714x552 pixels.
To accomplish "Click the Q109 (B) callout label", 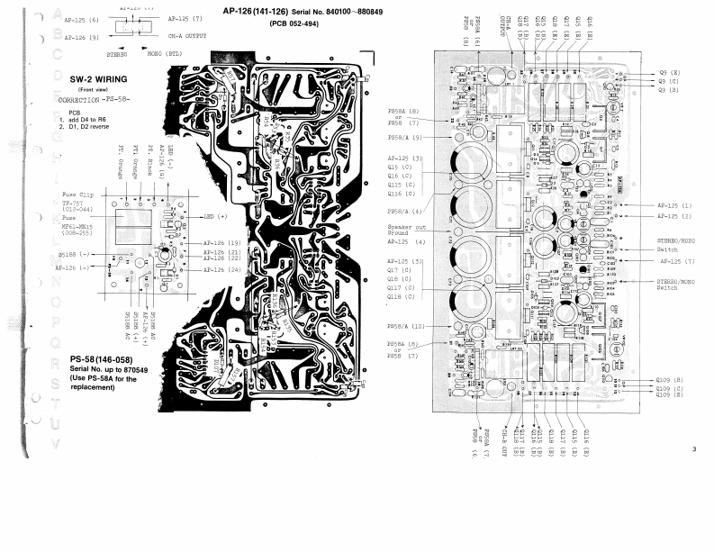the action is (x=669, y=381).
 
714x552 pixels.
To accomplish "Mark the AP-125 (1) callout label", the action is (x=674, y=206).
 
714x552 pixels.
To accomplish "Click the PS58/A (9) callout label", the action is (x=404, y=137).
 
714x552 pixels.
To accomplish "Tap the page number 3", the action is (x=694, y=449).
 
